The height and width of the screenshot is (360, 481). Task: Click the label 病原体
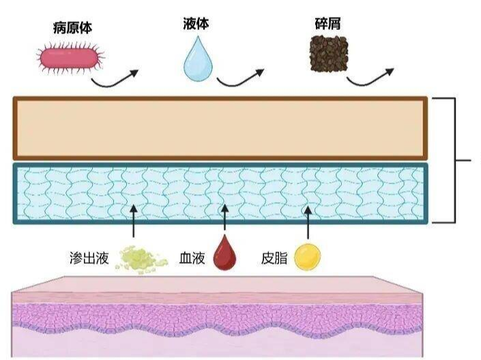pyautogui.click(x=73, y=28)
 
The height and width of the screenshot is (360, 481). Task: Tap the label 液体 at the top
pyautogui.click(x=196, y=24)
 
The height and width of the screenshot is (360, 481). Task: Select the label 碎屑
pyautogui.click(x=327, y=24)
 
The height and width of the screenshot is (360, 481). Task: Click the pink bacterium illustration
pyautogui.click(x=71, y=58)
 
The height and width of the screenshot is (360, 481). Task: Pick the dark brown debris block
pyautogui.click(x=329, y=54)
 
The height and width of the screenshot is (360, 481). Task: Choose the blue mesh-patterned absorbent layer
pyautogui.click(x=220, y=194)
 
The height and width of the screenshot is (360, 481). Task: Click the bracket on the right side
pyautogui.click(x=455, y=160)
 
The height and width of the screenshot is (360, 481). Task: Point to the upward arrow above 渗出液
pyautogui.click(x=133, y=221)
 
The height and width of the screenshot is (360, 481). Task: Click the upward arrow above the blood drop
pyautogui.click(x=225, y=217)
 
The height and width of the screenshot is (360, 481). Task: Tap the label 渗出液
pyautogui.click(x=89, y=258)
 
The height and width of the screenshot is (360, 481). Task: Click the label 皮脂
pyautogui.click(x=274, y=258)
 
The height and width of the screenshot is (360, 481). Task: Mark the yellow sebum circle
pyautogui.click(x=308, y=257)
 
